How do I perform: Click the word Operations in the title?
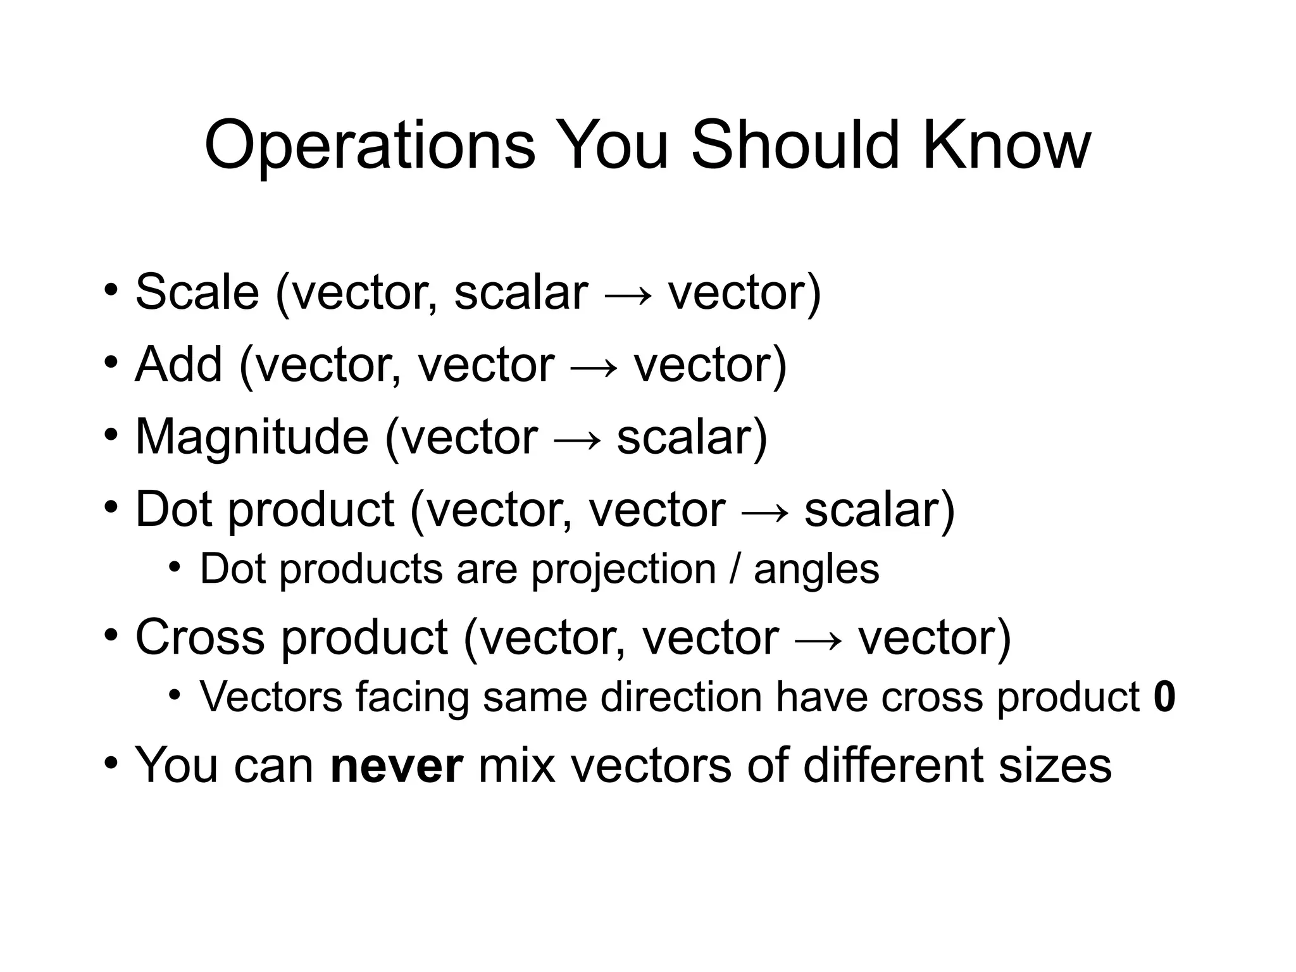click(x=370, y=147)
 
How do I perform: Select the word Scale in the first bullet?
click(x=197, y=292)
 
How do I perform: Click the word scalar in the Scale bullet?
click(x=521, y=292)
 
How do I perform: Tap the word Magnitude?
click(x=252, y=438)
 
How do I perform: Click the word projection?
click(x=623, y=570)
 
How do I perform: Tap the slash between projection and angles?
click(x=735, y=569)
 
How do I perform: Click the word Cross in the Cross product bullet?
click(x=200, y=637)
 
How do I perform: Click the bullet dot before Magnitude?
click(x=111, y=436)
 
